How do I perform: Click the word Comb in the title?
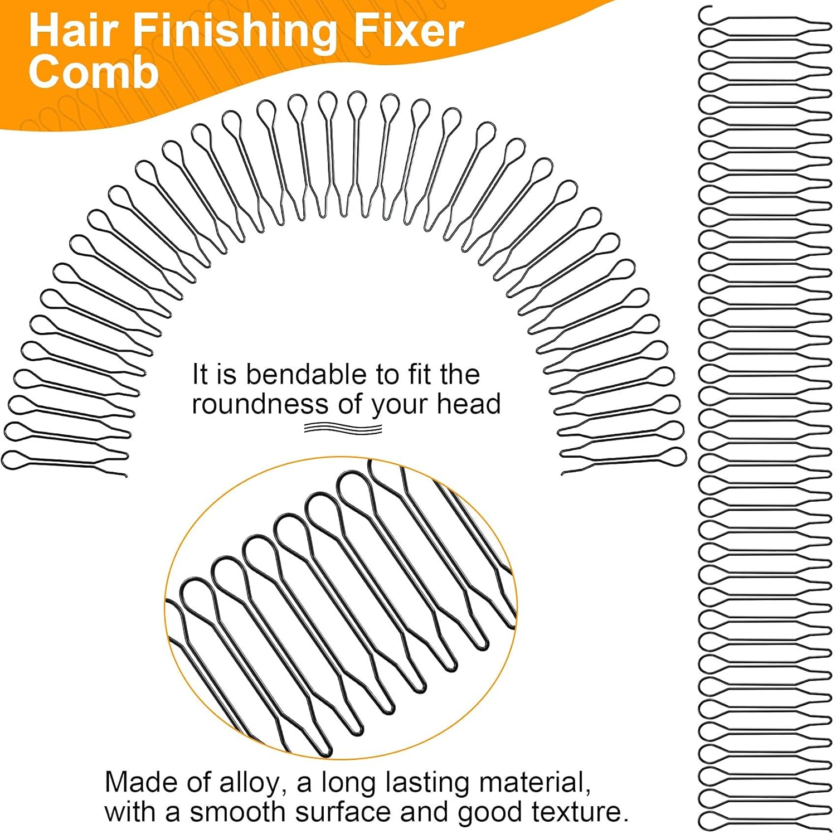(94, 72)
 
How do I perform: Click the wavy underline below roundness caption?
(343, 429)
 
